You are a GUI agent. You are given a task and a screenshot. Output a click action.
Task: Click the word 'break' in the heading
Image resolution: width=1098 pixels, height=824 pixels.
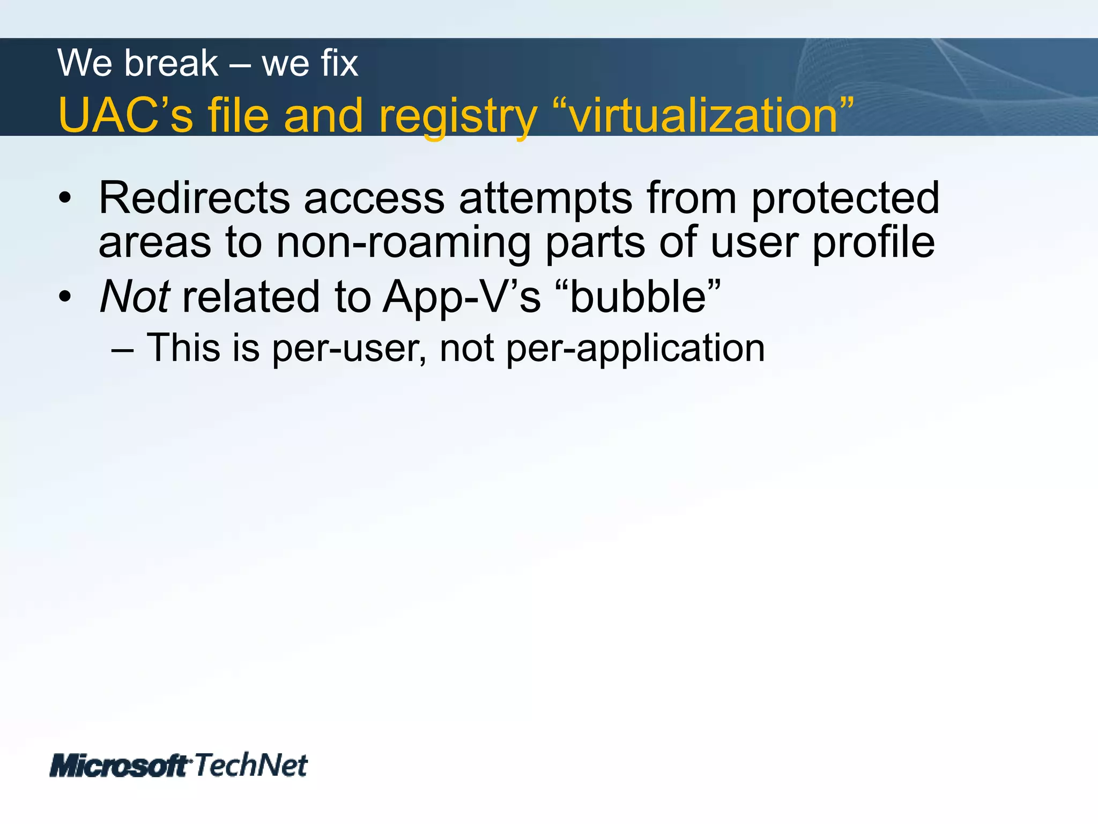172,63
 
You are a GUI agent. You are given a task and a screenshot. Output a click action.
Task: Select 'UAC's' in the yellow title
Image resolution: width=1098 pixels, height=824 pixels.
125,115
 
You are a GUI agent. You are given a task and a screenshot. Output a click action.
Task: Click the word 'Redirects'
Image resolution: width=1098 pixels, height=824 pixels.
194,198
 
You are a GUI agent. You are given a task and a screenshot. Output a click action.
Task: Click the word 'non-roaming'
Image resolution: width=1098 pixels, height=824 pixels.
403,242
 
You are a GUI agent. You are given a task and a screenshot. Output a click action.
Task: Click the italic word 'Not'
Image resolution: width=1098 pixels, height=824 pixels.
135,296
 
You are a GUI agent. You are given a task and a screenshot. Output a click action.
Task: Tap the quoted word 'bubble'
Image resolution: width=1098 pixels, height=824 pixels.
638,296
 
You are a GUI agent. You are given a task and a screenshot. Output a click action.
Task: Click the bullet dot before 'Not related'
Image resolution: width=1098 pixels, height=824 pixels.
65,297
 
